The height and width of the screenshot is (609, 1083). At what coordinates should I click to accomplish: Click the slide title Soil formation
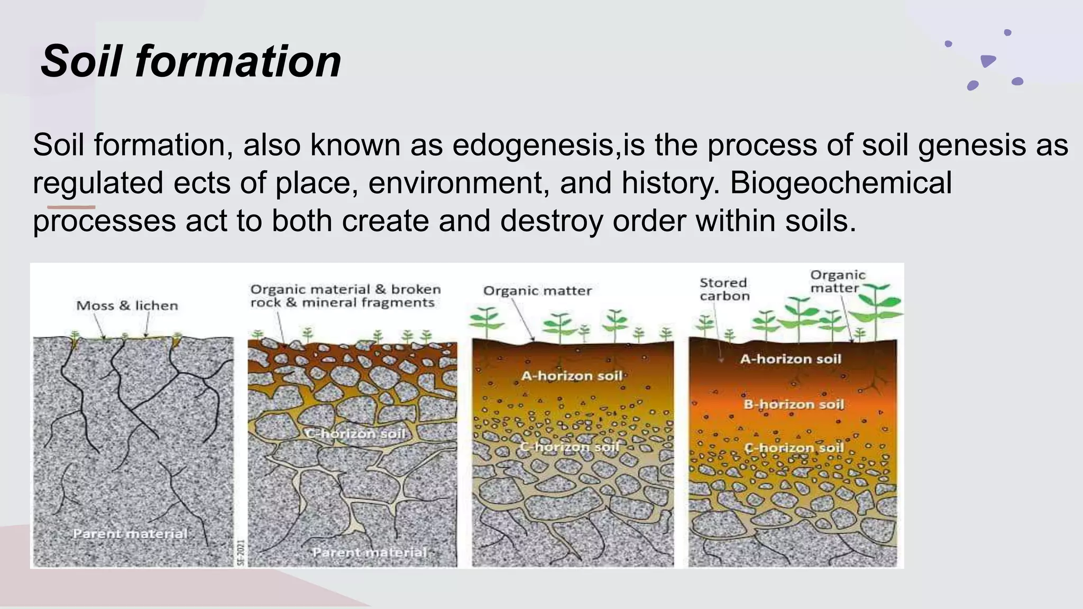tap(190, 61)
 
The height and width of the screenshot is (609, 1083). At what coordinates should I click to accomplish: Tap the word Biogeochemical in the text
tap(841, 183)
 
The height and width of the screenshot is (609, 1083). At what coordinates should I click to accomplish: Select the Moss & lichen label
tap(127, 306)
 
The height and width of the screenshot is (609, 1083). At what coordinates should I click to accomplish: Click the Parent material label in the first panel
tap(130, 533)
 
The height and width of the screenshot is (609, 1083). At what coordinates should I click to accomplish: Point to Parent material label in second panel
tap(369, 552)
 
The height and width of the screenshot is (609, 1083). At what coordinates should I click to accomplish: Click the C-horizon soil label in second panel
tap(355, 433)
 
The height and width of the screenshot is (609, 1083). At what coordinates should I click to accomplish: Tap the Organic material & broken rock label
tap(345, 296)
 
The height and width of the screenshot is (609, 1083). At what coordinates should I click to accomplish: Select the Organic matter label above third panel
tap(537, 291)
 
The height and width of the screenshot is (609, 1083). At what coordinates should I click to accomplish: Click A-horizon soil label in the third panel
tap(572, 376)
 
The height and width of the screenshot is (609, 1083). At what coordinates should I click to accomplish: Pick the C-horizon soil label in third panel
tap(570, 447)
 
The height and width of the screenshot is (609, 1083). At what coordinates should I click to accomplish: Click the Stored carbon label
tap(724, 289)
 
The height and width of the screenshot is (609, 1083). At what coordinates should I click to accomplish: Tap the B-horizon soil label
tap(793, 404)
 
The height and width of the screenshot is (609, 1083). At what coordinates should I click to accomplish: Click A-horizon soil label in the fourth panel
tap(790, 359)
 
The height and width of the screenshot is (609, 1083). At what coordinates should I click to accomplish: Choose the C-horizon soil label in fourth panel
tap(794, 448)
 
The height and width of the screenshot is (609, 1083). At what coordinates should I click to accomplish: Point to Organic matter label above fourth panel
tap(837, 281)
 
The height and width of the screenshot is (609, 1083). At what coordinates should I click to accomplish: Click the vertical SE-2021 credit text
tap(241, 552)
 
